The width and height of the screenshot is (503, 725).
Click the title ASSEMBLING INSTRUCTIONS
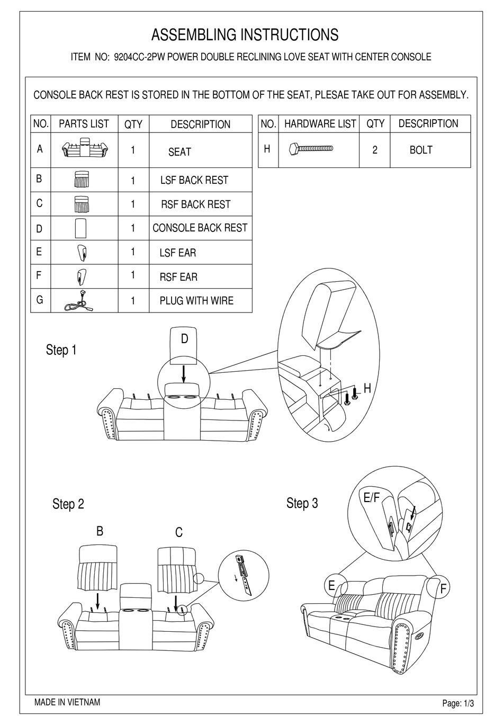pos(245,35)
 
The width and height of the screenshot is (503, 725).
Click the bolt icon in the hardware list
pos(311,149)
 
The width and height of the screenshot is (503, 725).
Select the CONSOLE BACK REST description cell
pos(200,228)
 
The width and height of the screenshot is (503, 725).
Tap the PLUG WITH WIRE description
pos(196,301)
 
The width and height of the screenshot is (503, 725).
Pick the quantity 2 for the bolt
pos(375,150)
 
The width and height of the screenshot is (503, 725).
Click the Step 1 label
pos(61,350)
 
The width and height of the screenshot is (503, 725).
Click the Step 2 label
pos(68,504)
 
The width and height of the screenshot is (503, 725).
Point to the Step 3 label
pos(302,503)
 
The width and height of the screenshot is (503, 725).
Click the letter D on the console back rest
pos(184,339)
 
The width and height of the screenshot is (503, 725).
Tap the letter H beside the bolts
pos(367,389)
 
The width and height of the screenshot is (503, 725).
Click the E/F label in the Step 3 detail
pos(372,498)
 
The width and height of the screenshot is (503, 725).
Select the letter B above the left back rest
pos(100,531)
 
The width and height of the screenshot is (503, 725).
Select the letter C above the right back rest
pos(178,532)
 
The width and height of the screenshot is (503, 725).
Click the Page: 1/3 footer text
pos(458,704)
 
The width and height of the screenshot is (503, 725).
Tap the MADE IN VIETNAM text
pos(67,703)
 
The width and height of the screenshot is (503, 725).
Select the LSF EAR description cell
pos(177,253)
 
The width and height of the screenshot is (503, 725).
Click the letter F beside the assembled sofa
pos(444,588)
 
